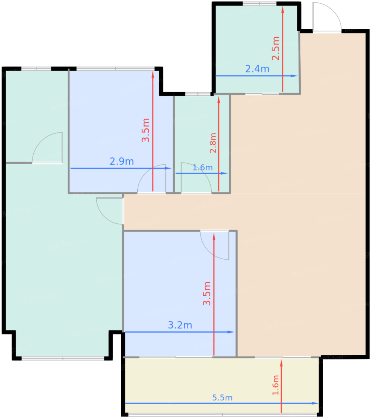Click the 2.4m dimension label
257,69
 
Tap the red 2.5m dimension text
276,48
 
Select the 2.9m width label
122,162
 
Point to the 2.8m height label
213,143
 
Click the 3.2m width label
180,325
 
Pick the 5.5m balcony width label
222,398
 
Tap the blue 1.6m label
203,167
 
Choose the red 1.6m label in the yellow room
276,385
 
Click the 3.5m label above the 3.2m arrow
207,293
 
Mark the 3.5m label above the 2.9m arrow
146,130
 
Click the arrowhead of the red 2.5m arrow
282,9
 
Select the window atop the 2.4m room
260,4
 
